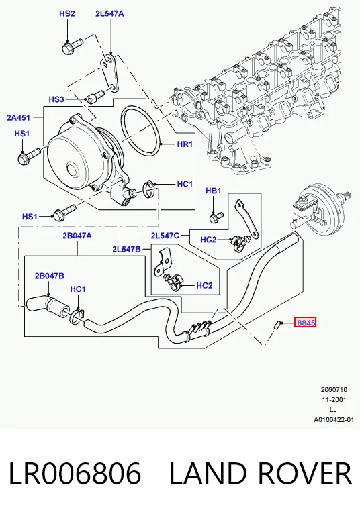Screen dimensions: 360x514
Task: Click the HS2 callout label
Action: coord(67,14)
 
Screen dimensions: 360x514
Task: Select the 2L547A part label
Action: coord(109,14)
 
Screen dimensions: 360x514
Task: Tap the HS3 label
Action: coord(56,99)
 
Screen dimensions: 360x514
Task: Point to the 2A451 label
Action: coord(18,117)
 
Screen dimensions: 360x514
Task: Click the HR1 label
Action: coord(185,144)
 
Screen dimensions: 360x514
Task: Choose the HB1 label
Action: coord(214,191)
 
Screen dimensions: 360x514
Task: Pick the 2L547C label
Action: coord(165,236)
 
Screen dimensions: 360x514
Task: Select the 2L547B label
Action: coord(127,250)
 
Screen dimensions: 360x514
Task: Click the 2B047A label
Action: coord(77,236)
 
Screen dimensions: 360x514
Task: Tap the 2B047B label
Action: coord(50,276)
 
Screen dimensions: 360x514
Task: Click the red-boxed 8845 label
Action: coord(306,323)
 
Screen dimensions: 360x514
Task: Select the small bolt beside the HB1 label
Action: coord(216,217)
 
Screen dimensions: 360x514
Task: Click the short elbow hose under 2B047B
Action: coord(47,307)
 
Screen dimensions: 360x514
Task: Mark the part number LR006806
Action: coord(75,473)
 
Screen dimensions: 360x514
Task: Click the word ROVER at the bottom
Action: coord(305,473)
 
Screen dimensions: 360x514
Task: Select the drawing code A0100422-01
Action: coord(334,419)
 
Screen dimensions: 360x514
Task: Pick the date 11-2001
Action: coord(334,400)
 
